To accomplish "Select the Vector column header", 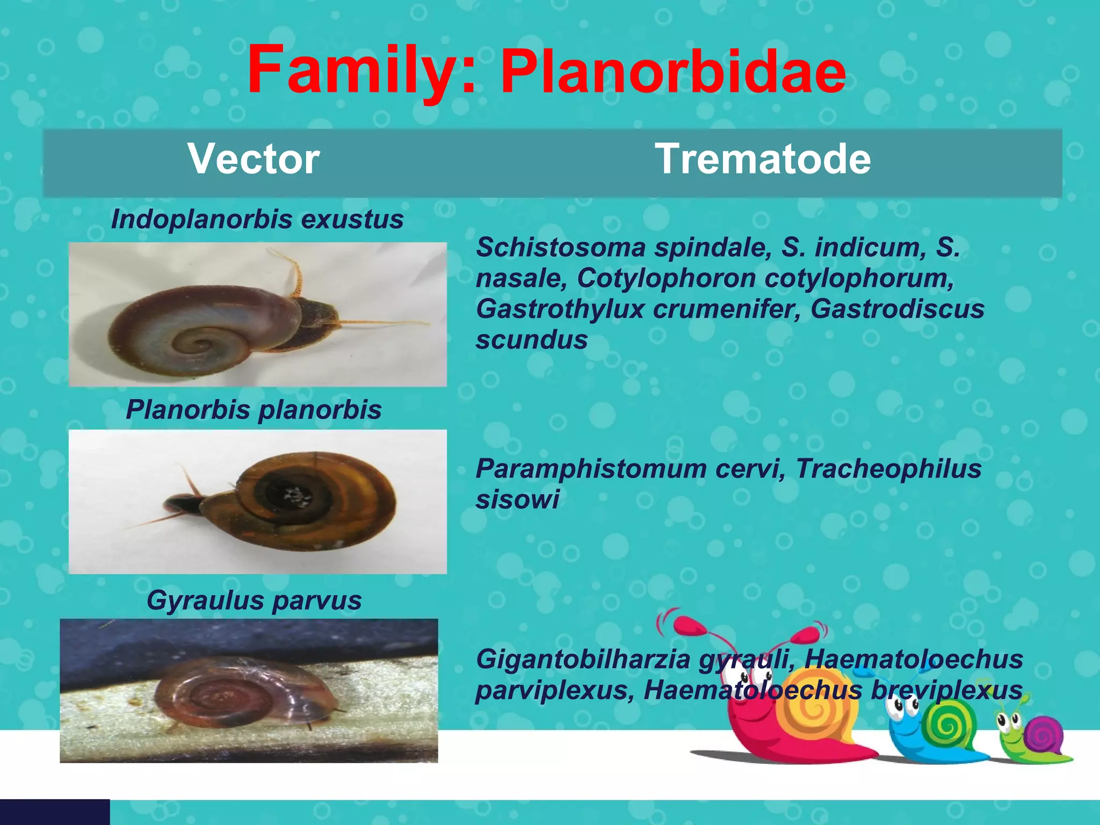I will [x=254, y=159].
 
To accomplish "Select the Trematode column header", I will [x=763, y=159].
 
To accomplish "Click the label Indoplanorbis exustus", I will [x=257, y=219].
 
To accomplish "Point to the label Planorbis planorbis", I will [x=254, y=410].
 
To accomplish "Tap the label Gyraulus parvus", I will [x=254, y=600].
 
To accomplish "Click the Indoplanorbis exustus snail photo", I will [x=258, y=315].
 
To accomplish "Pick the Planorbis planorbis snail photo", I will [x=258, y=502].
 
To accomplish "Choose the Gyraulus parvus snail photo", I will [x=249, y=691].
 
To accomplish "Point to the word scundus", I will [x=532, y=340].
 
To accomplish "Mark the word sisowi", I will [x=517, y=500].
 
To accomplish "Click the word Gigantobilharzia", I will [x=583, y=660].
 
